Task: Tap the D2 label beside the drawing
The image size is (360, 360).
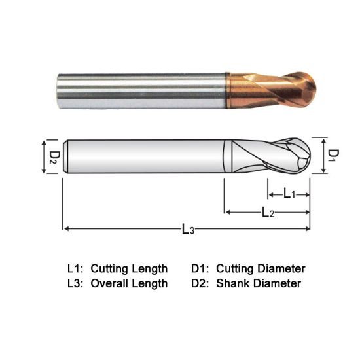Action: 56,156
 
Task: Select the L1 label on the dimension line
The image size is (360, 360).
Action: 289,193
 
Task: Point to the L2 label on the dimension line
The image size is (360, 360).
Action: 268,213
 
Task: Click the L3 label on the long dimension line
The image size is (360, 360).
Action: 188,229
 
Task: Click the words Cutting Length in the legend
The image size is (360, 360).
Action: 129,268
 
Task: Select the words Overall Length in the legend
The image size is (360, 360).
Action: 129,283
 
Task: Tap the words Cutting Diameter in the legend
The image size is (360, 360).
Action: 261,268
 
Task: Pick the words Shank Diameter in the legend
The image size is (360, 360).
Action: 258,283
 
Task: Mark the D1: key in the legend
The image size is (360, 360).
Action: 201,268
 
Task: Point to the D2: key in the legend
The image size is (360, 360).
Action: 201,283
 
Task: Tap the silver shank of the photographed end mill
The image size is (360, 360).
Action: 144,88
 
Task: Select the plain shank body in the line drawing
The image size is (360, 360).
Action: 144,156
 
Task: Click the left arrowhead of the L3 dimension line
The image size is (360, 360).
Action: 65,228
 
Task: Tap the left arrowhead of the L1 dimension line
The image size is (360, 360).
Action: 270,194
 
